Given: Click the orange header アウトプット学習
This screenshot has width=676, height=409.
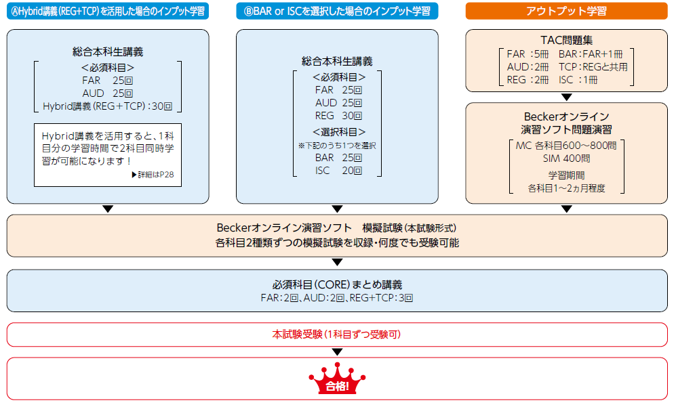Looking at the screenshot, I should coord(566,11).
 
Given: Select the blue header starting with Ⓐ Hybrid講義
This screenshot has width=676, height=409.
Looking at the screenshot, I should coord(108,11).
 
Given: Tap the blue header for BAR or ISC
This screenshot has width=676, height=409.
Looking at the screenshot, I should coord(337,11).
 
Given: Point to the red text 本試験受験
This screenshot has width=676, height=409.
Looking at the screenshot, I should coord(337,335).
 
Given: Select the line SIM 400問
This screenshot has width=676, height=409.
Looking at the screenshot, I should coord(567,159).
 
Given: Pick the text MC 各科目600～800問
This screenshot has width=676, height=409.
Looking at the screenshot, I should coord(567,146).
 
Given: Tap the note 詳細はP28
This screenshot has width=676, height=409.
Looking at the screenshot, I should coord(156,175).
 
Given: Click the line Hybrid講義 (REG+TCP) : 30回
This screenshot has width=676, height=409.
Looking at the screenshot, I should coord(108,106).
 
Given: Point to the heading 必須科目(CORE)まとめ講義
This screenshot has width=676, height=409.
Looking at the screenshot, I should coord(337,284).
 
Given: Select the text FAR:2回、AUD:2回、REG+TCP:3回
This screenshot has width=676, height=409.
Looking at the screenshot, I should coord(337,297).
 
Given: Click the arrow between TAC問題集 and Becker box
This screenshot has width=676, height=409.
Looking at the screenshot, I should coord(567,97).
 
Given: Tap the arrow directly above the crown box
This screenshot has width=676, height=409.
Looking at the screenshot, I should coord(337,352).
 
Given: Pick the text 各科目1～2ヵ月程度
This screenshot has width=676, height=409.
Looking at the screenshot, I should coord(567,188).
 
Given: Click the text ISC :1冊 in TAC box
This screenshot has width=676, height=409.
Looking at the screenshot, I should coord(587,80).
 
